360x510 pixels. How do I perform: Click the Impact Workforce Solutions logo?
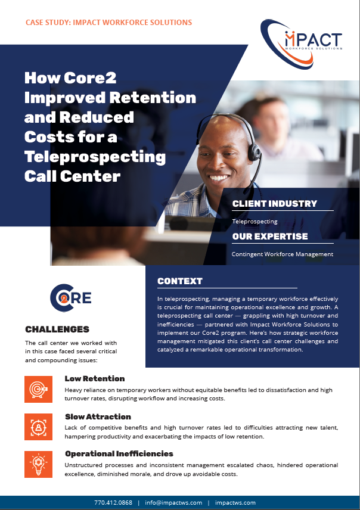tap(301, 44)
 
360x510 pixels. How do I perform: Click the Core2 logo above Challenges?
tap(71, 298)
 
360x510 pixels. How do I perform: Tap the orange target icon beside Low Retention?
tap(38, 389)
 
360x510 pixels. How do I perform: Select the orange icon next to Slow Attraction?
tap(38, 427)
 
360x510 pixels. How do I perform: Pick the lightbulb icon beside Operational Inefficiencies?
tap(38, 464)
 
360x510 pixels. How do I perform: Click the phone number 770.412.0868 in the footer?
tap(113, 502)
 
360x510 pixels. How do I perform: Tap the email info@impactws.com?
tap(173, 502)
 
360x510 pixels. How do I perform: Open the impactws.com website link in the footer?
tap(235, 502)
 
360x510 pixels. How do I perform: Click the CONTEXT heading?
tap(180, 281)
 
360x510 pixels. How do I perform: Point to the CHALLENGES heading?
tap(57, 329)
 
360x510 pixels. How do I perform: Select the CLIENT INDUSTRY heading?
tap(275, 204)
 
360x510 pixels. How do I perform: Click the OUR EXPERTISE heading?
tap(270, 237)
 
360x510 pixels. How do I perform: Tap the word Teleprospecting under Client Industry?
tap(255, 222)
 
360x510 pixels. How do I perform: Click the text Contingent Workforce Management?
tap(283, 254)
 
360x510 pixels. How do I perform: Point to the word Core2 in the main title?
tap(90, 77)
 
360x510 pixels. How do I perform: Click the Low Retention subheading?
tap(95, 378)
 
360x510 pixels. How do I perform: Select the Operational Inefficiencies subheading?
tap(119, 454)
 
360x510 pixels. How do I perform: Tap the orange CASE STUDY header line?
tap(108, 23)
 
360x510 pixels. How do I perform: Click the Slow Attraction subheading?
tap(98, 416)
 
